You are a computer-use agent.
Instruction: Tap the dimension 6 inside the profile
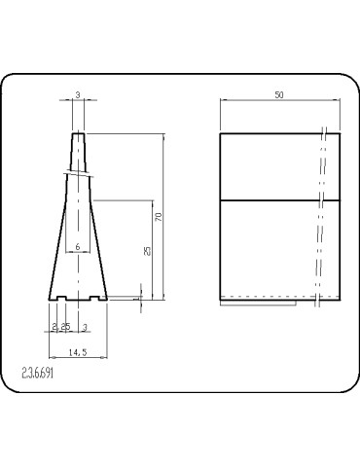pos(77,248)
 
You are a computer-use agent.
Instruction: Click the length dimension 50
pos(280,94)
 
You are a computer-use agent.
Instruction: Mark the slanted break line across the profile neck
pos(77,174)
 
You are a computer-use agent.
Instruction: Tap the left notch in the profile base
pos(62,297)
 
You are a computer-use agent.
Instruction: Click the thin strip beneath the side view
pos(258,302)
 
